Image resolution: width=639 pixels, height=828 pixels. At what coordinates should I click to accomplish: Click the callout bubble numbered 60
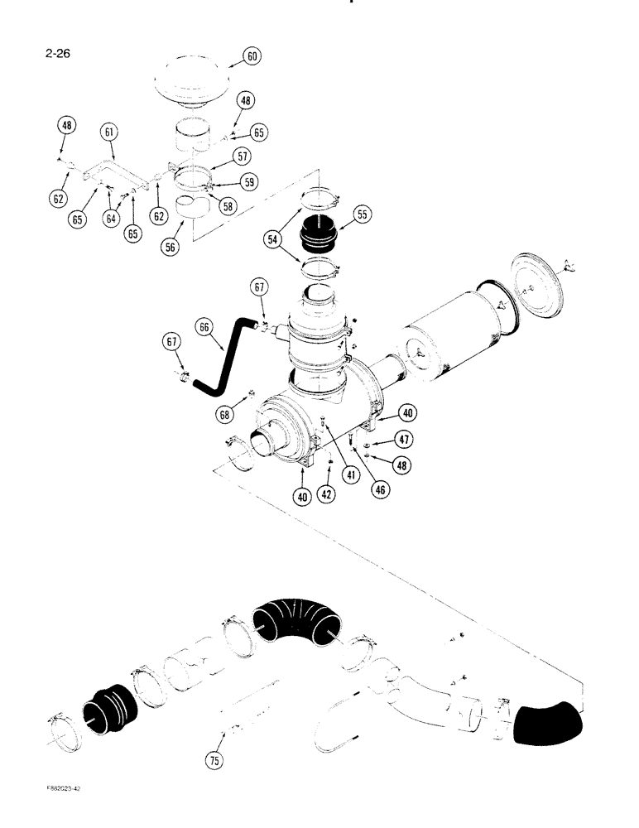pyautogui.click(x=252, y=56)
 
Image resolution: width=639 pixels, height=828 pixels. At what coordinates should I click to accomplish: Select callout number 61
pyautogui.click(x=109, y=132)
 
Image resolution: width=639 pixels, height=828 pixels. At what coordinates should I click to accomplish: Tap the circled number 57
pyautogui.click(x=242, y=155)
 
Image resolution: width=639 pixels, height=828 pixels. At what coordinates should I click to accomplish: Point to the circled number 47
pyautogui.click(x=405, y=439)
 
